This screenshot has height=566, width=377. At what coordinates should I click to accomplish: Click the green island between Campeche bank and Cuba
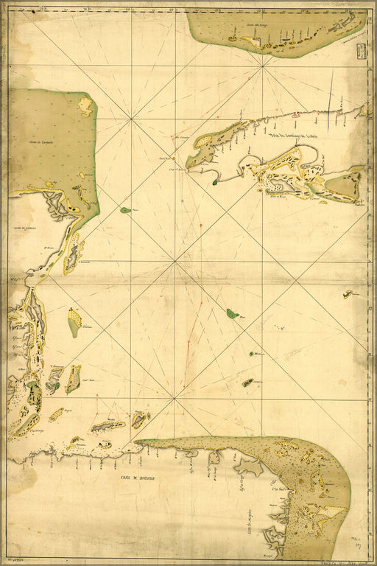tap(125, 210)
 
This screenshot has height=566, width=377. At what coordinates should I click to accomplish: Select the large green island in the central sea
tap(232, 313)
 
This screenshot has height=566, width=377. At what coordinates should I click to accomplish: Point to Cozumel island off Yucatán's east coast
tap(74, 322)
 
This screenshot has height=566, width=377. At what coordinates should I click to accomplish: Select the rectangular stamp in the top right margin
tap(361, 51)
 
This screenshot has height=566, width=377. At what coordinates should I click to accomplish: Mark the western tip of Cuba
tap(188, 165)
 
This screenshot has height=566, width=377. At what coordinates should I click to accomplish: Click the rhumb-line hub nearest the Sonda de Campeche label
tap(131, 118)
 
